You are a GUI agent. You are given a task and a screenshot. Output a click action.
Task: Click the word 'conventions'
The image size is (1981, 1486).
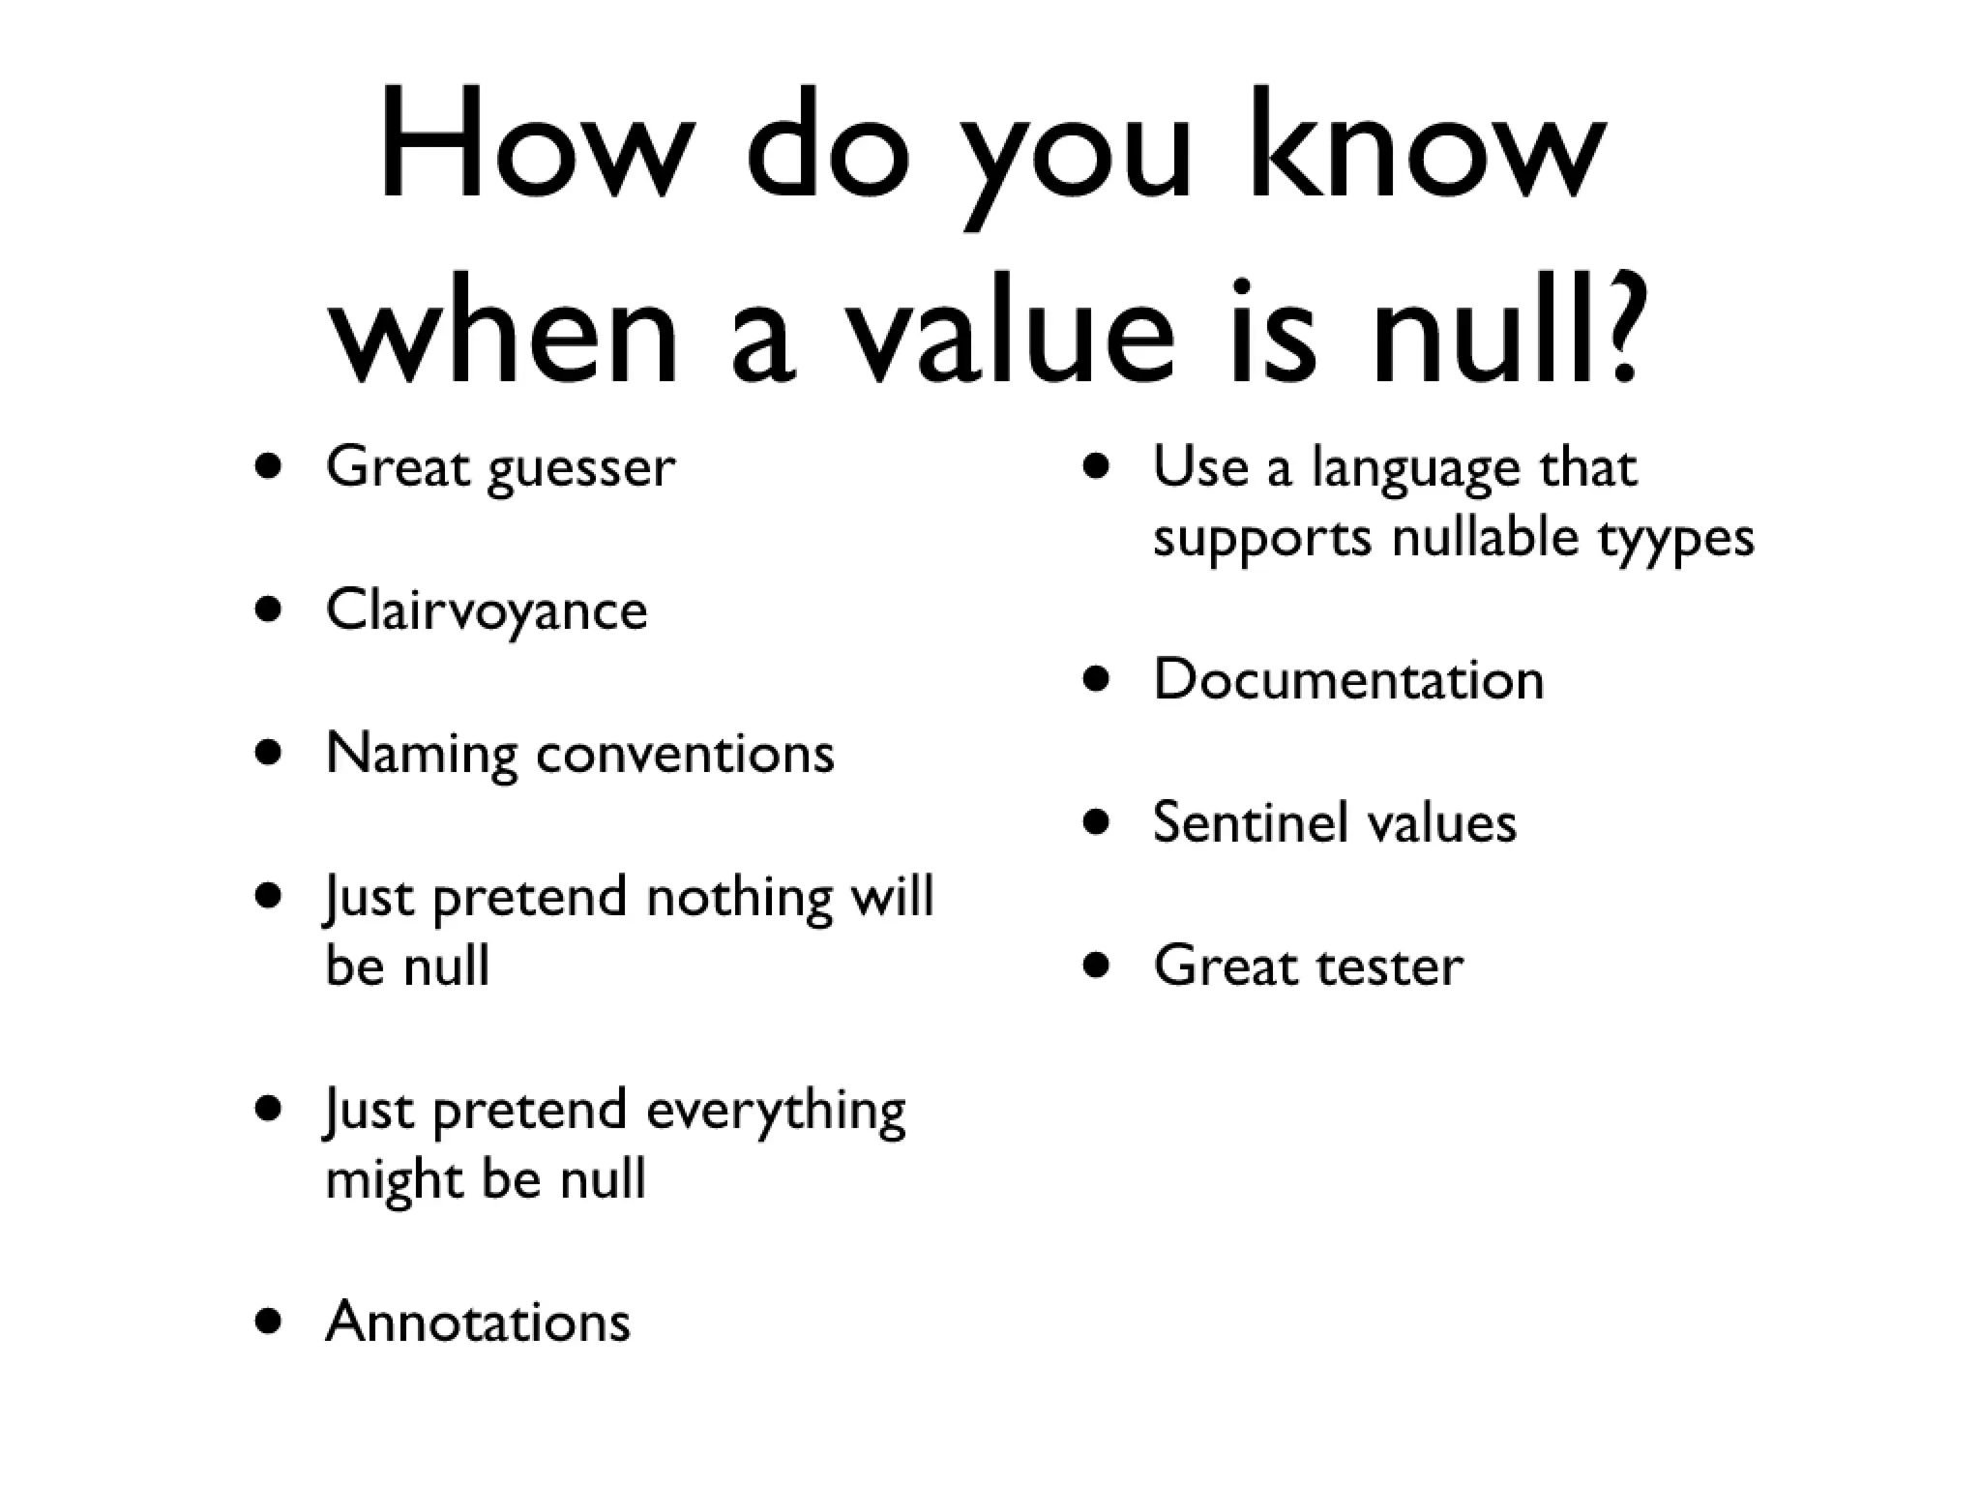pos(685,754)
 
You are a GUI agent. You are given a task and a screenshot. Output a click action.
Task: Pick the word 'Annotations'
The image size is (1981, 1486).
pos(478,1322)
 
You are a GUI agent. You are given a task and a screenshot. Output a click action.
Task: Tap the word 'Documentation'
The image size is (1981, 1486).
pos(1348,679)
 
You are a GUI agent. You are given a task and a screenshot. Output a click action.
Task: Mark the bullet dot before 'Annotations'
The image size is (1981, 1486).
pos(269,1322)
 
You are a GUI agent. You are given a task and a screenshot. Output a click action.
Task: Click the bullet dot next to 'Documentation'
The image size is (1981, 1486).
pos(1096,679)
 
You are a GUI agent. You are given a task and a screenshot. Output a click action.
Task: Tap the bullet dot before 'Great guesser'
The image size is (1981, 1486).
pos(269,467)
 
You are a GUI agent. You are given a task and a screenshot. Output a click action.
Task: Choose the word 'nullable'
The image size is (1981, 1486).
pos(1486,536)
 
